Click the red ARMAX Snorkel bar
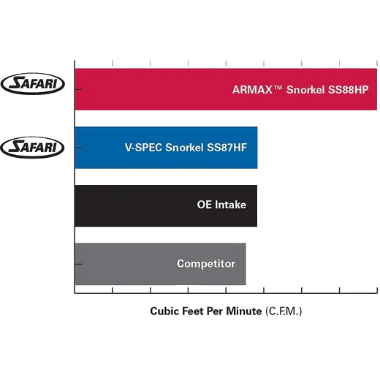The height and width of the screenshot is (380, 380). tap(226, 89)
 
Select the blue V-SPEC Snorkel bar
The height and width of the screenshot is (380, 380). tap(166, 148)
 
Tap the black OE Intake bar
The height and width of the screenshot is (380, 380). tap(166, 205)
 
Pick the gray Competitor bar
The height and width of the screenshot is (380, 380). tap(160, 264)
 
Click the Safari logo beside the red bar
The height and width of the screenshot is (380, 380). tap(33, 83)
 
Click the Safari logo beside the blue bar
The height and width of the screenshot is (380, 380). tap(32, 148)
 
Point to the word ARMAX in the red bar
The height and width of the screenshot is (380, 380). tap(252, 90)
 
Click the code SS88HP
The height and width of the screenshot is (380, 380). tap(348, 90)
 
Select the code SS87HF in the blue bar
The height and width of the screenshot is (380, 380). tap(227, 148)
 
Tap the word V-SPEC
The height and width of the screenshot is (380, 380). tap(143, 148)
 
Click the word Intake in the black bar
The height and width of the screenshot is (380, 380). tap(230, 205)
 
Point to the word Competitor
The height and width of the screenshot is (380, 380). tap(206, 264)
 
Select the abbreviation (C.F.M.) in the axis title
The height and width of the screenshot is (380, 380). tap(284, 311)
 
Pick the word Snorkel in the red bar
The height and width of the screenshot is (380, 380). tap(305, 90)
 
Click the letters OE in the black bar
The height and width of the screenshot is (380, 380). tap(205, 205)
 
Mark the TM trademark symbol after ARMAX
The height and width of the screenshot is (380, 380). tap(278, 87)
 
